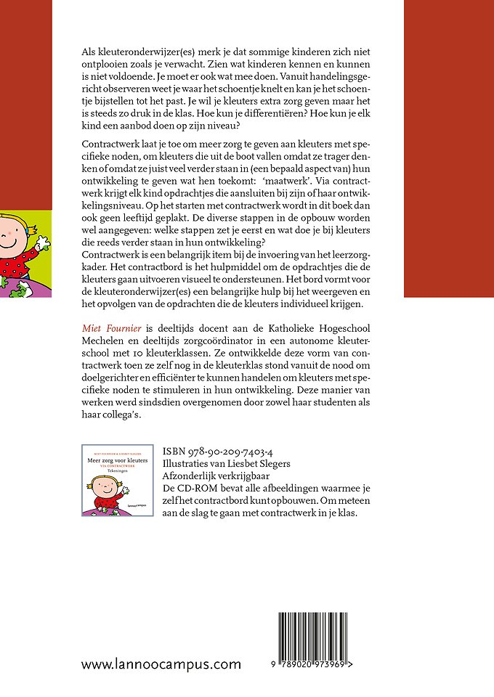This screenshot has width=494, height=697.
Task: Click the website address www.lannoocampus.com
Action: coord(161,664)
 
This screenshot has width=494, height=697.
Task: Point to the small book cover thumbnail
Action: coord(117,481)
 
